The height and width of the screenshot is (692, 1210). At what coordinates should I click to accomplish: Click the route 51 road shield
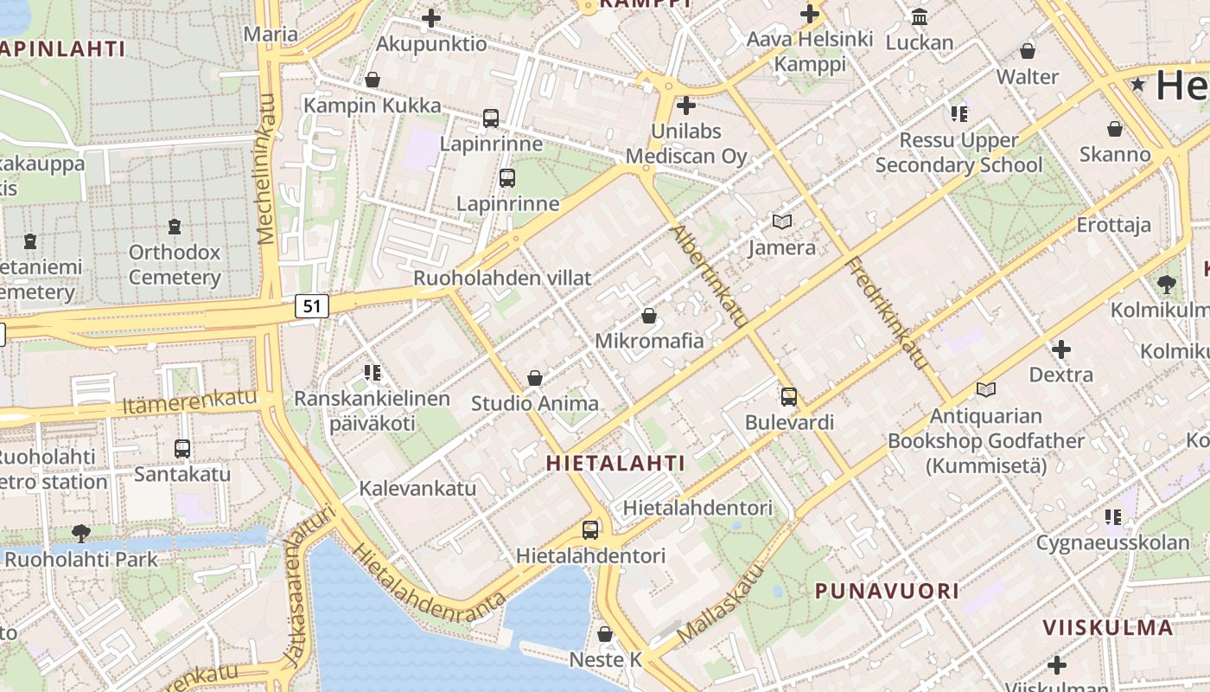(313, 305)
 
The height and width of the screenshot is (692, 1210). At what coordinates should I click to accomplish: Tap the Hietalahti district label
(615, 463)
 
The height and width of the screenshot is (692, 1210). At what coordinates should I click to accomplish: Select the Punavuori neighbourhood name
(888, 592)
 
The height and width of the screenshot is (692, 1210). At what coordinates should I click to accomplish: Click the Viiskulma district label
(1107, 627)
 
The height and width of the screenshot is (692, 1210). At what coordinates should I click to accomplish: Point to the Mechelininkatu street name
(266, 169)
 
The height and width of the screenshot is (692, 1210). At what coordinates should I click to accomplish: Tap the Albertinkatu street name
(710, 276)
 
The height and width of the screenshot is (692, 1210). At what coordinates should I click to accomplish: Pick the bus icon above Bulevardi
(789, 397)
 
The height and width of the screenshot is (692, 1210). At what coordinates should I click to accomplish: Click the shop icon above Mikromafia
(649, 317)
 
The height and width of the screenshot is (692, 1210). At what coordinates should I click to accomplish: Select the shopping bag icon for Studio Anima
(535, 378)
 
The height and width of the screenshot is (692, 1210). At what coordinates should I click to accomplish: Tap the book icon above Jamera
(782, 222)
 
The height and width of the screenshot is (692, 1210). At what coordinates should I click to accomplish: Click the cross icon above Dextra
(1061, 349)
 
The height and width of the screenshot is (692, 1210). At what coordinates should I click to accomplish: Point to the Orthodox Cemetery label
(175, 265)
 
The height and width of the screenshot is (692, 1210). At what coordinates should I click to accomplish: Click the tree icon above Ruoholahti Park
(82, 533)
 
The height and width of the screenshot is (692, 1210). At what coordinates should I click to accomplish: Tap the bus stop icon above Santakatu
(182, 449)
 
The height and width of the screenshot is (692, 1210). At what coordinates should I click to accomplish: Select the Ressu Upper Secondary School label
(959, 152)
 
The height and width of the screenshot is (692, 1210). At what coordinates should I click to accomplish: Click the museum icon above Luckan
(920, 17)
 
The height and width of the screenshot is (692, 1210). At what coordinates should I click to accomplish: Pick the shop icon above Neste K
(605, 634)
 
